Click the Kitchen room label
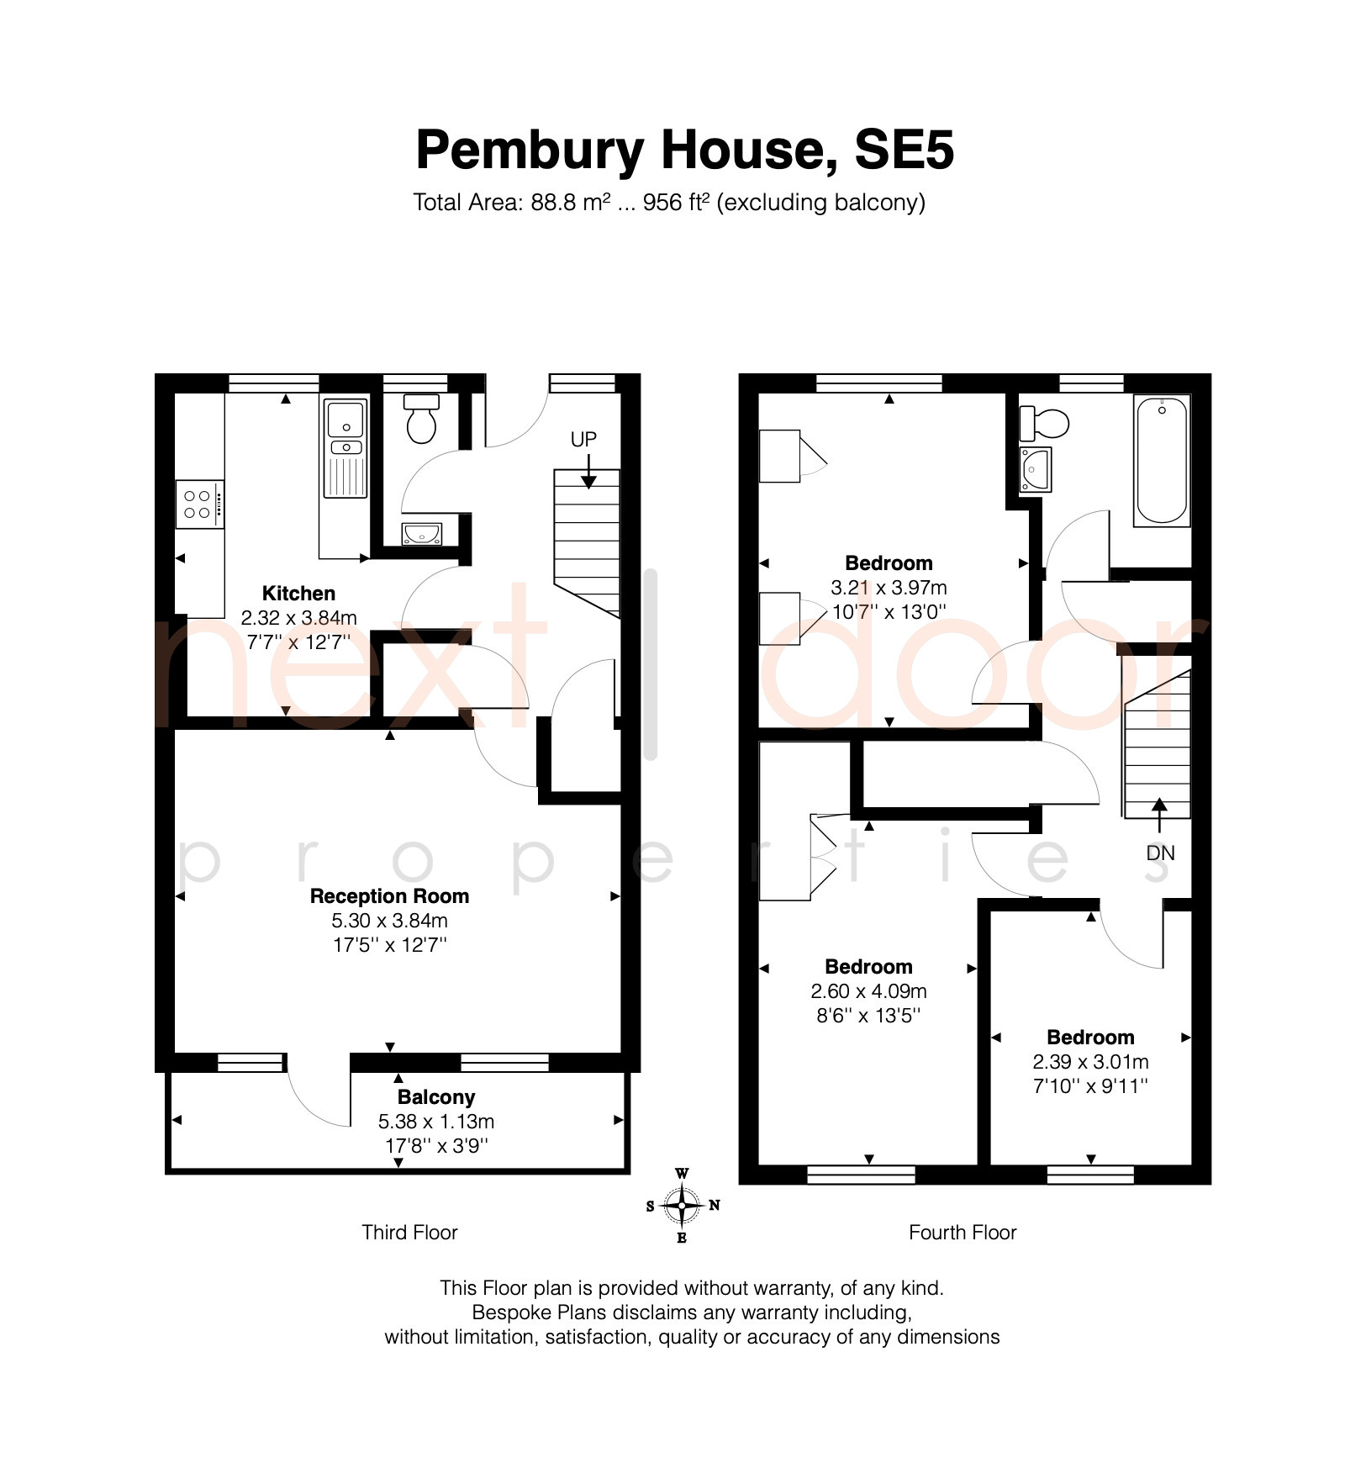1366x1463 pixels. (x=298, y=594)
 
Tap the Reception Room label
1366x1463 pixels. (x=389, y=896)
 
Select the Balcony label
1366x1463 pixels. (x=436, y=1097)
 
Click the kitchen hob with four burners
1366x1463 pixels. (x=200, y=504)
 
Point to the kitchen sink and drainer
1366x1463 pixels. (x=345, y=448)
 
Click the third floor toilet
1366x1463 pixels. (x=422, y=418)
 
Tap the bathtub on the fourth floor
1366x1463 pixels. (x=1162, y=461)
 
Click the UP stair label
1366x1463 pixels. (x=583, y=439)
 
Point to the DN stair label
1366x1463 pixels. (x=1160, y=853)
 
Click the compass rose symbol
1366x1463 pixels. (x=682, y=1206)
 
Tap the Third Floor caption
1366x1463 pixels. (x=409, y=1233)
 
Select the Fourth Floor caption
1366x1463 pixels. (x=963, y=1233)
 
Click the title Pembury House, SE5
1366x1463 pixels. (x=685, y=150)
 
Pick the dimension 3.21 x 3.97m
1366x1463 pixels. (x=889, y=588)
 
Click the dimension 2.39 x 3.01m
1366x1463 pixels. (x=1090, y=1062)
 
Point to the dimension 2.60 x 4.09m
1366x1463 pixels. (x=868, y=991)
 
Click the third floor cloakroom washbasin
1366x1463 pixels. (x=421, y=533)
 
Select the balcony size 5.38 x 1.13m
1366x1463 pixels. (x=436, y=1122)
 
